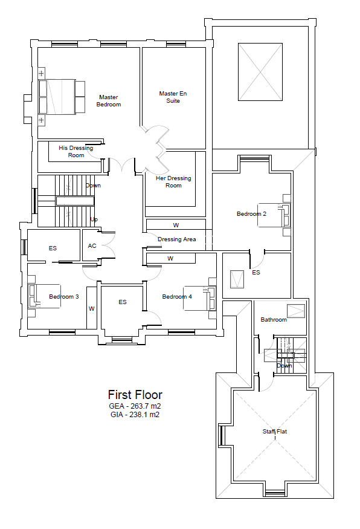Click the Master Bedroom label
pyautogui.click(x=109, y=101)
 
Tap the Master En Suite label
pyautogui.click(x=173, y=97)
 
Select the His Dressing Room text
pyautogui.click(x=76, y=152)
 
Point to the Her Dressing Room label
pyautogui.click(x=173, y=182)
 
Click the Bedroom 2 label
pyautogui.click(x=251, y=214)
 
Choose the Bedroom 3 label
pyautogui.click(x=63, y=297)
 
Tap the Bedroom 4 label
pyautogui.click(x=177, y=297)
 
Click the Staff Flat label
pyautogui.click(x=275, y=432)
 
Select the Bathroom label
pyautogui.click(x=274, y=319)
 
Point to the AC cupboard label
pyautogui.click(x=92, y=246)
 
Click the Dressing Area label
pyautogui.click(x=176, y=239)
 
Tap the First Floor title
pyautogui.click(x=135, y=395)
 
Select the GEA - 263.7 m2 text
pyautogui.click(x=135, y=406)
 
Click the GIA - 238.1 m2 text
pyautogui.click(x=135, y=415)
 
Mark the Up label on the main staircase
pyautogui.click(x=94, y=219)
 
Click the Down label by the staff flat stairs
pyautogui.click(x=284, y=366)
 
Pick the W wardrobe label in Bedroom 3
pyautogui.click(x=92, y=309)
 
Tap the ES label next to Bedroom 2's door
pyautogui.click(x=256, y=272)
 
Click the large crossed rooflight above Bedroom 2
pyautogui.click(x=260, y=72)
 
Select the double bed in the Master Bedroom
pyautogui.click(x=62, y=97)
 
